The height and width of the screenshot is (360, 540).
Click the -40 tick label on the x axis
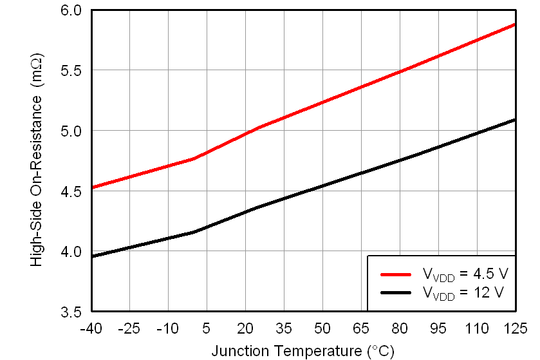click(91, 329)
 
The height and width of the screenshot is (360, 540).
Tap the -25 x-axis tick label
click(129, 329)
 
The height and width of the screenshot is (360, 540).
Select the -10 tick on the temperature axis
click(168, 329)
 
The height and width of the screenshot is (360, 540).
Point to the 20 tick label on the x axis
click(245, 329)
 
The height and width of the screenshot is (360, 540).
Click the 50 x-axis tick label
click(322, 329)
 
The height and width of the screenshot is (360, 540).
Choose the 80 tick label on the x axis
click(400, 329)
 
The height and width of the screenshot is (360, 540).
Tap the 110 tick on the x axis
click(477, 329)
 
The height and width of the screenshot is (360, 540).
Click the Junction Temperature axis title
click(303, 351)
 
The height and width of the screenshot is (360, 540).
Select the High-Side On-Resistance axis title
click(37, 161)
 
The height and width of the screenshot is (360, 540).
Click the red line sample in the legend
click(396, 274)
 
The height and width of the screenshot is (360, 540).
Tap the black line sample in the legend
click(396, 292)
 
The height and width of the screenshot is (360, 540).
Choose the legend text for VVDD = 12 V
click(463, 293)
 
